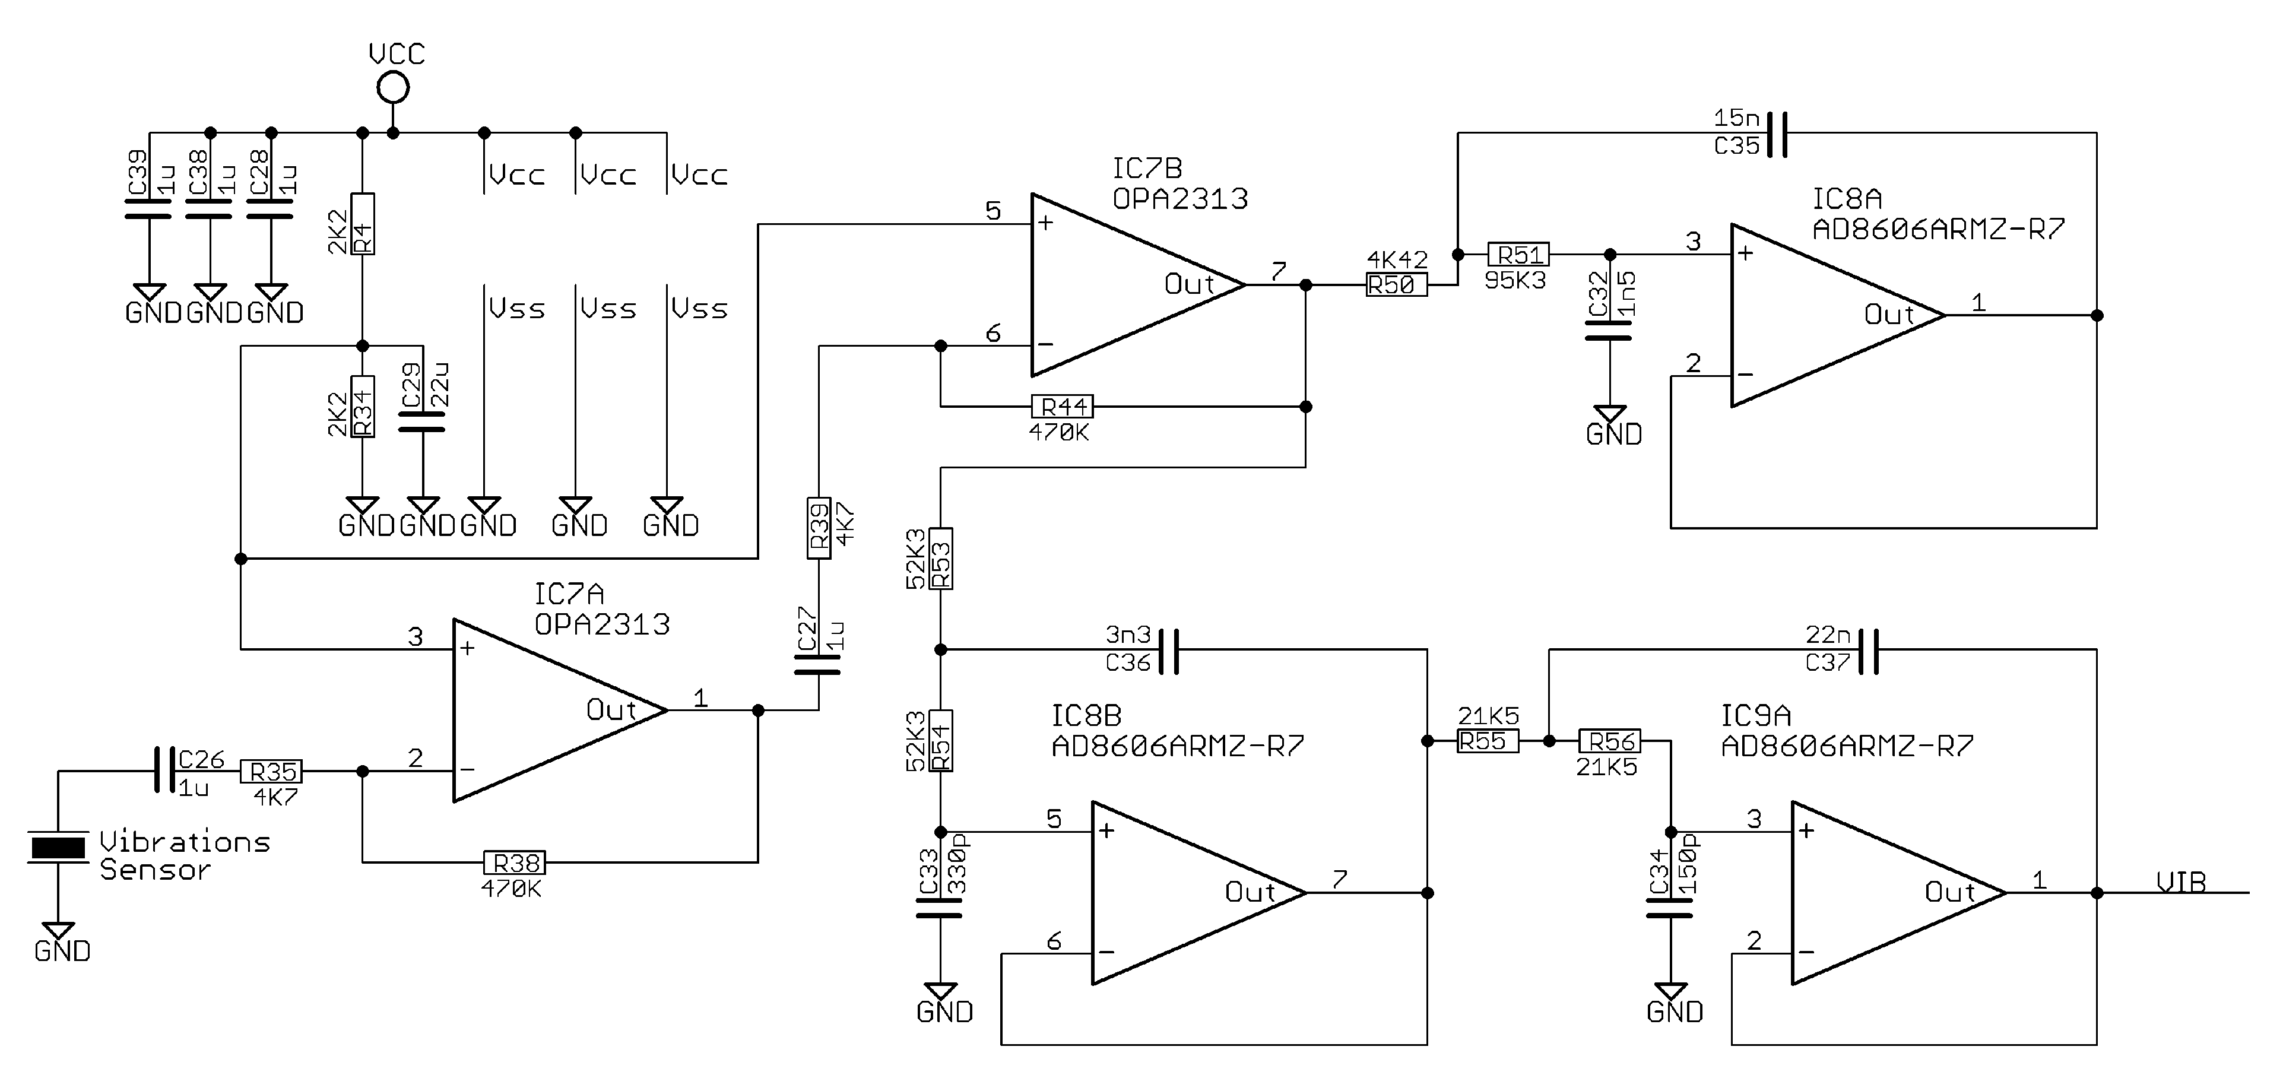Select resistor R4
(x=363, y=224)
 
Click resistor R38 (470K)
(x=514, y=862)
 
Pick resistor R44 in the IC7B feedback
(x=1063, y=407)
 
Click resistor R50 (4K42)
(x=1396, y=284)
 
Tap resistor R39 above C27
(x=819, y=527)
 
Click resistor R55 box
(x=1487, y=741)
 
